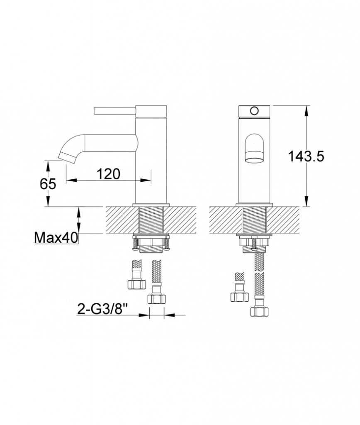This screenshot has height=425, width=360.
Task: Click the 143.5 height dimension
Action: (x=306, y=156)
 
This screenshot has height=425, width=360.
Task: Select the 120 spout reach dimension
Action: (x=108, y=174)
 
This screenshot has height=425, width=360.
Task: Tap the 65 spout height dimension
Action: (x=48, y=184)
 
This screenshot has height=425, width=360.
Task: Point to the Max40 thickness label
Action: (x=56, y=238)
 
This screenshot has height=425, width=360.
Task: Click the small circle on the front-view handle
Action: (x=254, y=110)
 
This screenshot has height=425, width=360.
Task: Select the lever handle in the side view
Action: (x=115, y=111)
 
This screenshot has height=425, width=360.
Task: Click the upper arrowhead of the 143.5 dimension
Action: (x=306, y=111)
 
